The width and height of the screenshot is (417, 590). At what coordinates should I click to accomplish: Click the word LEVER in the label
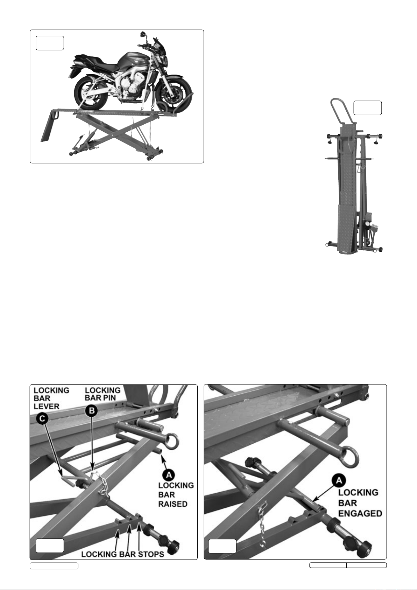click(47, 407)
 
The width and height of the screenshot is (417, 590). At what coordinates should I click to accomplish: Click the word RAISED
click(173, 504)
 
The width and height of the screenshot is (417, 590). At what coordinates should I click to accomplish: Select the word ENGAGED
click(360, 513)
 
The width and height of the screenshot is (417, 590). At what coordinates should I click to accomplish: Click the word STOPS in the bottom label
click(151, 554)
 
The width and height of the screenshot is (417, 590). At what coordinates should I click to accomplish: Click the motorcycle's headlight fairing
click(160, 56)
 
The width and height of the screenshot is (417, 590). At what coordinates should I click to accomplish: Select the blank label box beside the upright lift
click(368, 108)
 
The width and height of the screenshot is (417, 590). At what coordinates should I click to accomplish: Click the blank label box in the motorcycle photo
click(50, 43)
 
